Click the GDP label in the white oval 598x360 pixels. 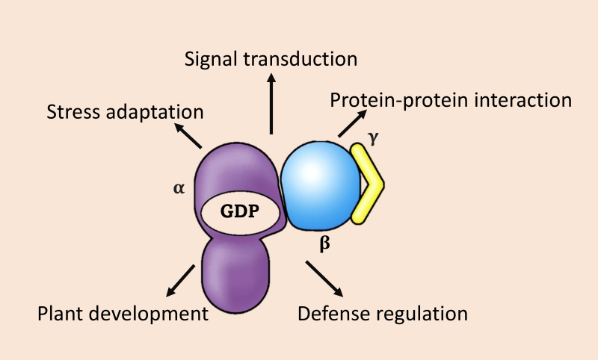point(239,211)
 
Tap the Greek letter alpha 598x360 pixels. point(179,188)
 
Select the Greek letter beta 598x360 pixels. point(324,243)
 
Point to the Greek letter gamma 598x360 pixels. point(373,137)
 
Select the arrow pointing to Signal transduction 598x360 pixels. point(271,104)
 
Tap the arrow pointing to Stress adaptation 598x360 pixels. point(190,134)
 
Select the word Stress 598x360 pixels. point(71,113)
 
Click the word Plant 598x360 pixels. point(59,314)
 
